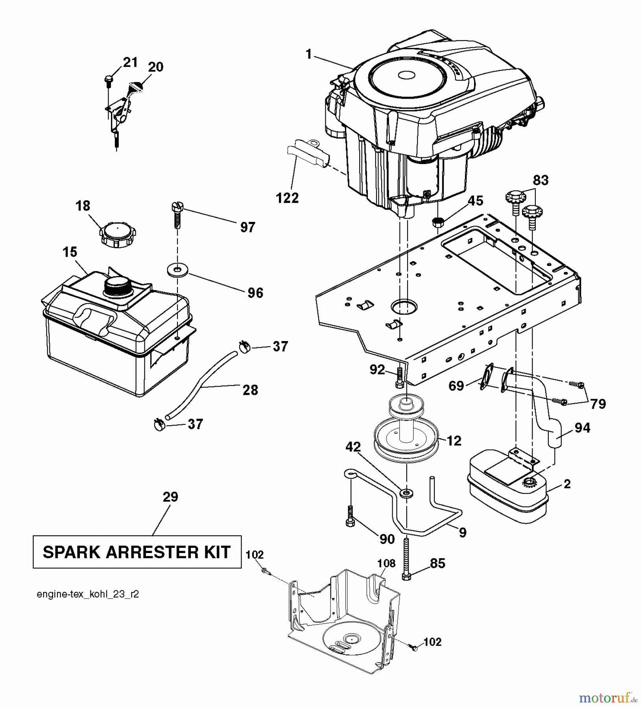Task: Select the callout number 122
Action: tap(288, 197)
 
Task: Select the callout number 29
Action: tap(170, 497)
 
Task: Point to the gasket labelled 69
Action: tap(487, 378)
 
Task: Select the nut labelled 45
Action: tap(437, 222)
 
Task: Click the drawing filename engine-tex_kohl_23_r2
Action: tap(88, 594)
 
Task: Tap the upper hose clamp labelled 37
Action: tap(244, 347)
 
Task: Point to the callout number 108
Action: tap(386, 563)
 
